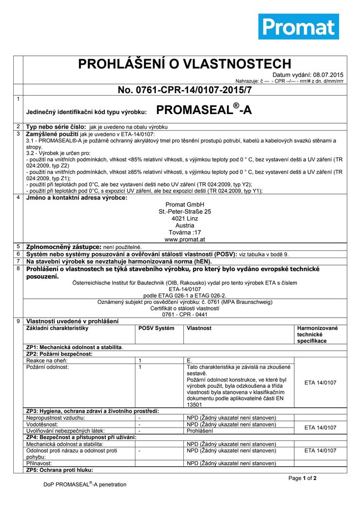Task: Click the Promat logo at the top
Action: point(298,26)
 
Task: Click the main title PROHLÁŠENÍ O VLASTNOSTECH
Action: point(184,64)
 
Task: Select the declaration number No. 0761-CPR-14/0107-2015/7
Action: point(184,90)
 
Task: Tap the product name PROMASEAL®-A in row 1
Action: point(204,110)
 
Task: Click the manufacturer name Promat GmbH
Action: point(184,205)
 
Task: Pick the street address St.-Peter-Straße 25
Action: point(184,211)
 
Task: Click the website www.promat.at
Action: point(184,239)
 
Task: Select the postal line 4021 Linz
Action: point(184,218)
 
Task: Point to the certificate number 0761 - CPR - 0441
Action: point(184,315)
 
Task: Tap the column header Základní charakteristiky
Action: point(57,328)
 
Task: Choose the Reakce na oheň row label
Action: point(44,360)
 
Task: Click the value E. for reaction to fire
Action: point(189,360)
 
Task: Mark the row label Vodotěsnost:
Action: point(42,424)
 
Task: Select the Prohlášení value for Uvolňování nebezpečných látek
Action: point(200,431)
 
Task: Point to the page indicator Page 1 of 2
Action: point(302,478)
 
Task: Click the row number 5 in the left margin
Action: point(18,246)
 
